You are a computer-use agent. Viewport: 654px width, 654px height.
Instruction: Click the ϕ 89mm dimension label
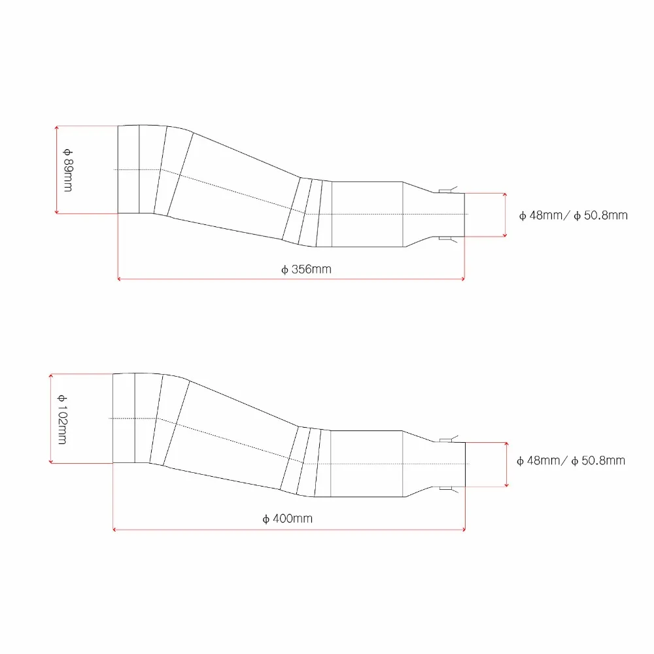(68, 170)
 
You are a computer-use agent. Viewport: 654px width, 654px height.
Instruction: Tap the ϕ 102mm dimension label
(62, 419)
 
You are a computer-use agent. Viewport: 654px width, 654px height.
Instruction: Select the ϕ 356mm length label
(306, 269)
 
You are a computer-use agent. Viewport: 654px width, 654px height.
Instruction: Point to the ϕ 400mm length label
(287, 519)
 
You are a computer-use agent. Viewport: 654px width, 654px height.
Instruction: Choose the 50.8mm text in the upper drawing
(606, 215)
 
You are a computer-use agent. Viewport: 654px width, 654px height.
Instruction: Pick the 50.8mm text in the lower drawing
(603, 460)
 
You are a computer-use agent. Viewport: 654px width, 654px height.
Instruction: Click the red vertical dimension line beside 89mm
(57, 170)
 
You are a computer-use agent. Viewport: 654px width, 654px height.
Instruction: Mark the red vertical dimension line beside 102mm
(51, 419)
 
